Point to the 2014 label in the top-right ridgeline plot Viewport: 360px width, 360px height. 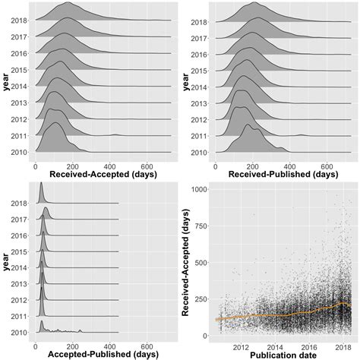coord(198,87)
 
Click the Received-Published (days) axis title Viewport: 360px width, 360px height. coord(273,175)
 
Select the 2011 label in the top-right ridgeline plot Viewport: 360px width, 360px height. coord(198,136)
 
